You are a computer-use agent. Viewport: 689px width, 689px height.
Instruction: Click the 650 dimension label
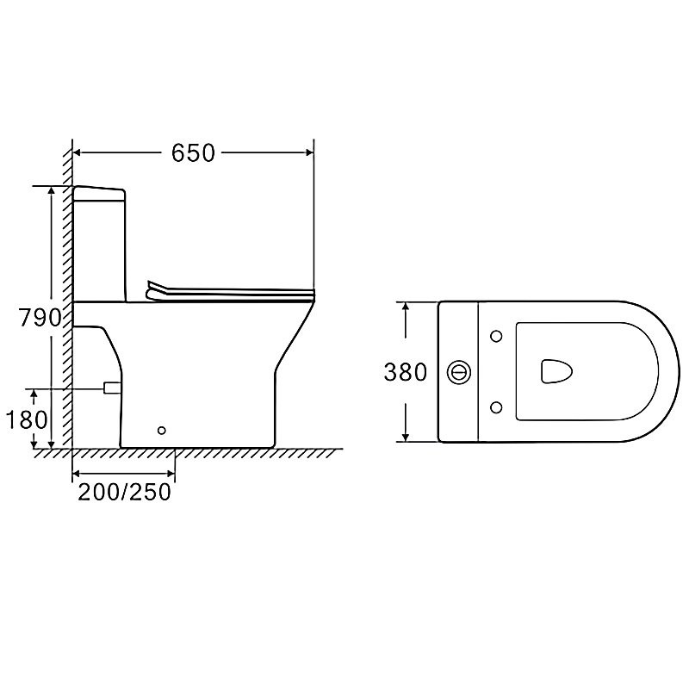click(x=193, y=153)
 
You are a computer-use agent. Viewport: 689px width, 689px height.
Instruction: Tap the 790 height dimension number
click(x=40, y=317)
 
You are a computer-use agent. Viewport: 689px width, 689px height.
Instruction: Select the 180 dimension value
click(x=27, y=419)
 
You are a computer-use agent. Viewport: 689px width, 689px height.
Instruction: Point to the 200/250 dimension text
click(x=124, y=492)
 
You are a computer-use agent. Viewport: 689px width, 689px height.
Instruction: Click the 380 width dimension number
click(x=405, y=372)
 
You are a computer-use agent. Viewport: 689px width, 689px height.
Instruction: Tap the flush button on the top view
click(x=459, y=372)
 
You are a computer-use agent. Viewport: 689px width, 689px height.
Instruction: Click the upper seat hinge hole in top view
click(x=496, y=337)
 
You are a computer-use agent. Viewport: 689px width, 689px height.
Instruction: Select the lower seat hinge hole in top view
click(x=496, y=407)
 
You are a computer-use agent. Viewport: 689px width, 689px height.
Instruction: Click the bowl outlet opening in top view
click(x=556, y=371)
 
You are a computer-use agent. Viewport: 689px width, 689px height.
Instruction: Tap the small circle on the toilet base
click(x=162, y=430)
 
